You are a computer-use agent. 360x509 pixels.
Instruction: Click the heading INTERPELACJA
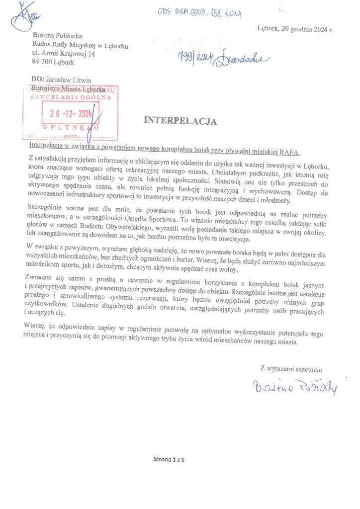[x=180, y=120]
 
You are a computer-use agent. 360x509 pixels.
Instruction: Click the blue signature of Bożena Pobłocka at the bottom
[x=294, y=386]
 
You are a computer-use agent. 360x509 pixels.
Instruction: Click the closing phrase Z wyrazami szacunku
[x=291, y=369]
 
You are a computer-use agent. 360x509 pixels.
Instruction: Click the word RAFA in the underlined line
[x=291, y=152]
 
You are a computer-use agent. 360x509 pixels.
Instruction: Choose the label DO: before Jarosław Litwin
[x=37, y=80]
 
